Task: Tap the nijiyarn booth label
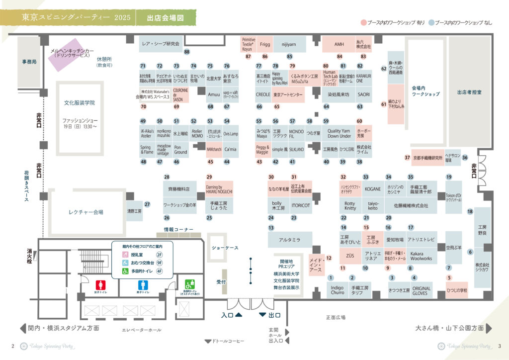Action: (288, 44)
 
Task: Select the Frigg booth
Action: (265, 44)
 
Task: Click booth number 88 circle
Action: (187, 52)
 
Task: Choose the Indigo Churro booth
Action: (338, 289)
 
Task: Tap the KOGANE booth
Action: (372, 189)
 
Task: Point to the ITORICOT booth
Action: (300, 205)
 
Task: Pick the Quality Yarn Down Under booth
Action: (339, 133)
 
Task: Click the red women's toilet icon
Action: (100, 286)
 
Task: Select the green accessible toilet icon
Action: (189, 284)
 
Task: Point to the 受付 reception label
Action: (221, 282)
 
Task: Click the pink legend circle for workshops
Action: (363, 23)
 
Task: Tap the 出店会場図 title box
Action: (165, 18)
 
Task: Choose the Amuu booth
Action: (214, 94)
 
